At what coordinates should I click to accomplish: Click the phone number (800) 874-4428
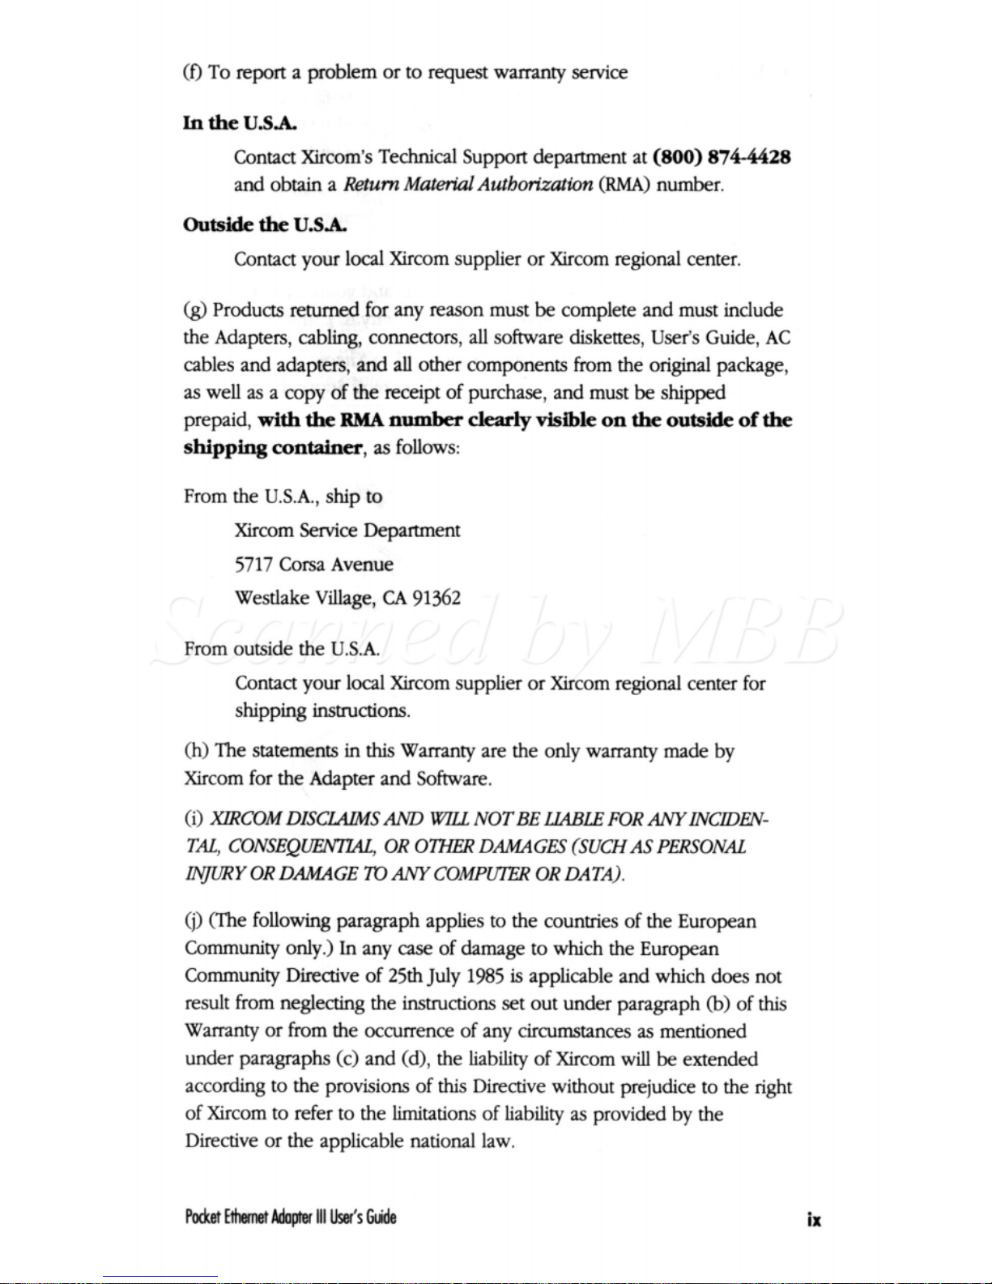click(x=721, y=156)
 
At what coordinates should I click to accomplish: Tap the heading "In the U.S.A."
click(x=240, y=123)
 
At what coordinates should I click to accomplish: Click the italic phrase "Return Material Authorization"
click(x=467, y=185)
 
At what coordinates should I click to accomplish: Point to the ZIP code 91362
click(x=436, y=599)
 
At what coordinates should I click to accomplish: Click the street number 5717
click(x=253, y=565)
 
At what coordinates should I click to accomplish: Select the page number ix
click(x=813, y=1219)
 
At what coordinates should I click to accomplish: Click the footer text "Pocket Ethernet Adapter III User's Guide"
click(x=290, y=1217)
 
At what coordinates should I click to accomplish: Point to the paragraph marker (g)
click(x=195, y=311)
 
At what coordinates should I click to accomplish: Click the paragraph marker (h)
click(x=197, y=752)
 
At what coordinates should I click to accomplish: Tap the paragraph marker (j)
click(x=194, y=922)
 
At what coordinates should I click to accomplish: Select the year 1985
click(x=471, y=977)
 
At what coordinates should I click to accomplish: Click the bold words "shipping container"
click(x=273, y=448)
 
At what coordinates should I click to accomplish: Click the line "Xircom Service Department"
click(x=347, y=531)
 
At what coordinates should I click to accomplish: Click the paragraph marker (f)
click(x=193, y=73)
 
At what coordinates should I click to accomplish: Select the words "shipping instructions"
click(x=322, y=711)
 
